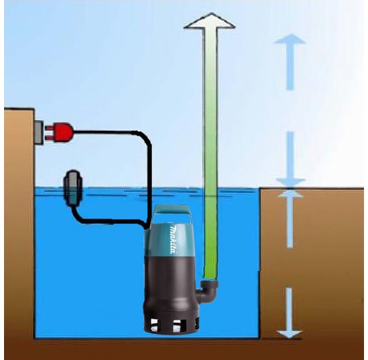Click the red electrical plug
pos(62,133)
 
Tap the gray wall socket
pos(38,132)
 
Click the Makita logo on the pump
pos(174,240)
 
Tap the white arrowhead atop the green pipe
pos(210,21)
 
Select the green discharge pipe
pos(210,153)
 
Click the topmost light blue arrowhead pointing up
pos(290,39)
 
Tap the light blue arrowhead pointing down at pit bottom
pos(289,334)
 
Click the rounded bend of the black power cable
pos(145,139)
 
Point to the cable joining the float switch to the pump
pos(106,221)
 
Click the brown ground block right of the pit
pos(312,263)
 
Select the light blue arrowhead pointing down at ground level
pos(290,182)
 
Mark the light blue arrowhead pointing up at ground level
pos(290,194)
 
